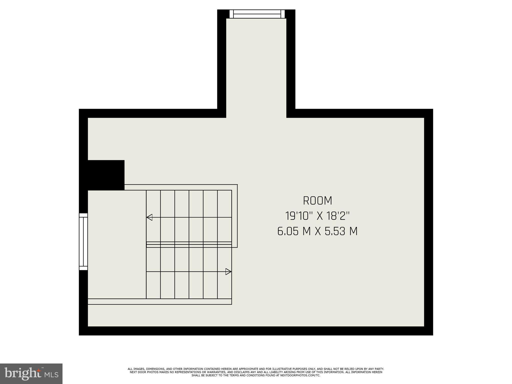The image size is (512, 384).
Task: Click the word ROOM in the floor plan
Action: (317, 201)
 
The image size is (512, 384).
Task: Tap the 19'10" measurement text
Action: (299, 216)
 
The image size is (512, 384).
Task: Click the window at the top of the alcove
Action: (257, 14)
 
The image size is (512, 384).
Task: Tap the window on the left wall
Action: (83, 241)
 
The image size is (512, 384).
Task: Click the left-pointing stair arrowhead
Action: (149, 217)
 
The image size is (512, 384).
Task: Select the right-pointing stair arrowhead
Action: (228, 271)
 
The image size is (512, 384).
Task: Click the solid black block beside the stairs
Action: (106, 175)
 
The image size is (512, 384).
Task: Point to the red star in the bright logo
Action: (38, 370)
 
